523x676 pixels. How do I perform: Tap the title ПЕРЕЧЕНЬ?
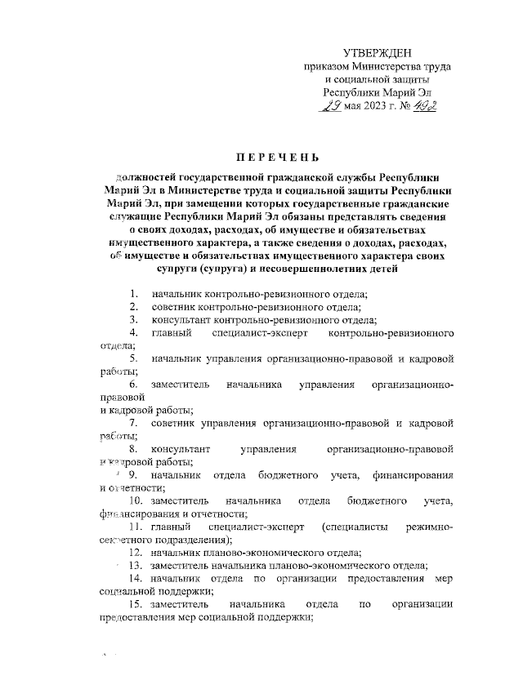coord(261,157)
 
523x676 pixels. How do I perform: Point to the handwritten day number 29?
coord(331,105)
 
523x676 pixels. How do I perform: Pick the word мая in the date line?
coord(352,107)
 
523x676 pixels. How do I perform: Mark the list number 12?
coord(135,553)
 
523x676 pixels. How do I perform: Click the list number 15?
coord(135,603)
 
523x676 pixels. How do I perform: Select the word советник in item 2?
coord(175,307)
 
